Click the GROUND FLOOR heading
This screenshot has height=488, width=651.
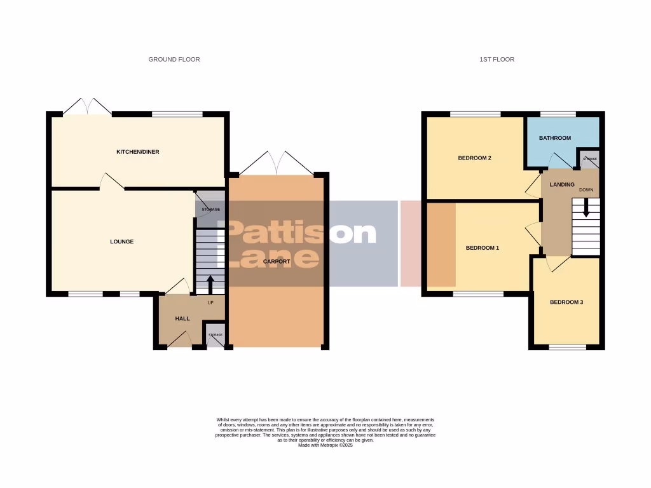174,60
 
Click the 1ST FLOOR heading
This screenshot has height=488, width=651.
497,60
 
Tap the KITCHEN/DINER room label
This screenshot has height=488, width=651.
137,152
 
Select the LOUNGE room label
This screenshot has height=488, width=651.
121,241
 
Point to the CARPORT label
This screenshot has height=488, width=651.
277,261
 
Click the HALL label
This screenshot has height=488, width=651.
182,318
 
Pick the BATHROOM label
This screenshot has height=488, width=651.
555,138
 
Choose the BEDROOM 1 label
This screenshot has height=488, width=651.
483,248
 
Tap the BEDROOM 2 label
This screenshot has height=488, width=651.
475,158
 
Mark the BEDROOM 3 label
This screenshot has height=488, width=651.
566,302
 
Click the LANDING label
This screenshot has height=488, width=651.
562,185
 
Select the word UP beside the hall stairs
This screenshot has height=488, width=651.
210,302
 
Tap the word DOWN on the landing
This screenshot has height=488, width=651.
586,190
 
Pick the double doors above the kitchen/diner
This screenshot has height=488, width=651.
88,107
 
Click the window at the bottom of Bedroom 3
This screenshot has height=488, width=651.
568,347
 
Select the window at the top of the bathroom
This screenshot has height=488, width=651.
558,114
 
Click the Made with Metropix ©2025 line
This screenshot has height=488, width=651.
325,445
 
